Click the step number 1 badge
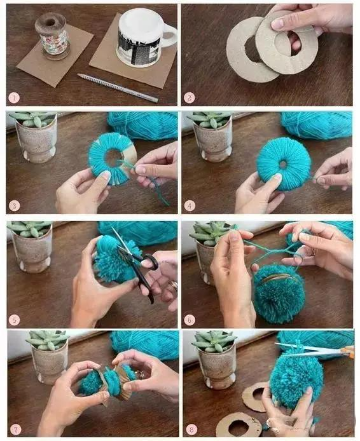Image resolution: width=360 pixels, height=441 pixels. (x=14, y=98)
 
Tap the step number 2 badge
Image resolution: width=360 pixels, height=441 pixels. (x=189, y=98)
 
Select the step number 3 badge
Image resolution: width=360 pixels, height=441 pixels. (x=14, y=206)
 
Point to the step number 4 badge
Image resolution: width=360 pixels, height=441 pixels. (x=189, y=206)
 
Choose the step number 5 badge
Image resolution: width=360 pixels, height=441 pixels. (x=14, y=320)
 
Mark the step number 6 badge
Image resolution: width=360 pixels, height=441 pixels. (x=189, y=320)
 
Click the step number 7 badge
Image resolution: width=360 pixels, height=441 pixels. (x=15, y=430)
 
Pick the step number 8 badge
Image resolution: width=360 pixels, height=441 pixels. (x=191, y=430)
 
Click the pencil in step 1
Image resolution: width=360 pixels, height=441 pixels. (x=118, y=88)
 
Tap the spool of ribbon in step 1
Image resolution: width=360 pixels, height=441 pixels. (x=52, y=36)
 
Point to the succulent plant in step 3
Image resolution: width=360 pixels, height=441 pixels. (x=33, y=119)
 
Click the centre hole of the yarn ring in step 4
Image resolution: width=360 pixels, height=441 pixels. (x=283, y=164)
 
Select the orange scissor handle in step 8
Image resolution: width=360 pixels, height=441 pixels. (x=347, y=351)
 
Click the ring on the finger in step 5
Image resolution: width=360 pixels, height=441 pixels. (x=173, y=286)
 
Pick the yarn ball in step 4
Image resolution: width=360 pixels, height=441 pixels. (x=316, y=125)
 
